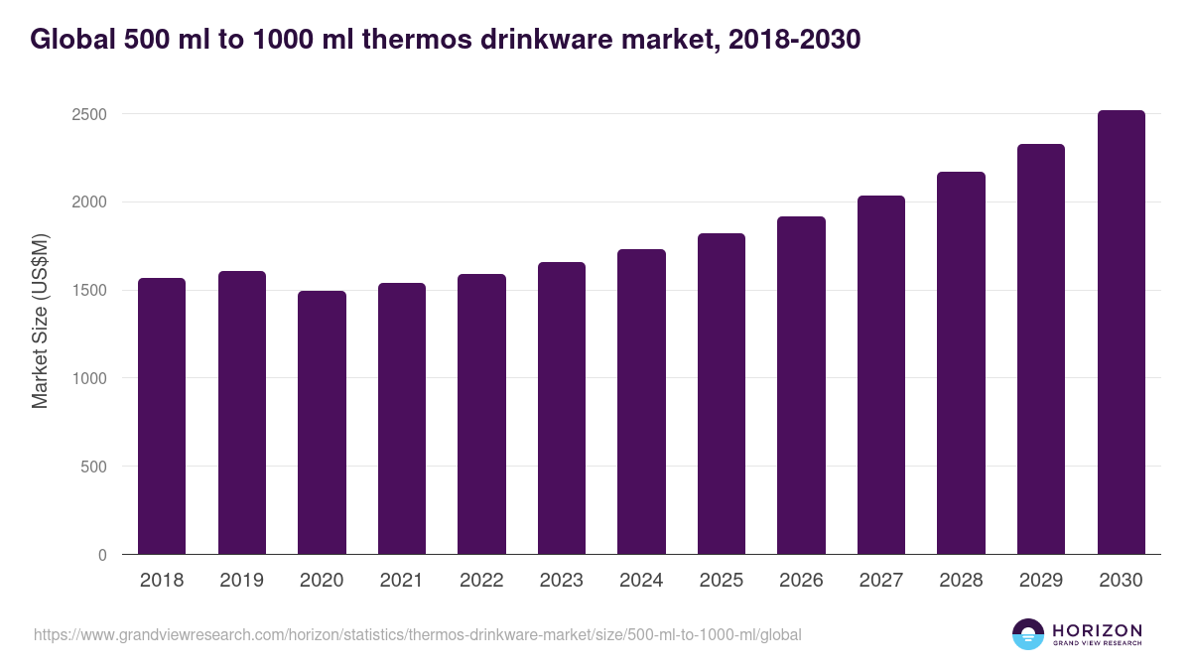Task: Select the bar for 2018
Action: click(x=162, y=416)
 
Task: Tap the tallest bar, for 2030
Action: click(x=1121, y=332)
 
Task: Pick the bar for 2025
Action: click(x=722, y=393)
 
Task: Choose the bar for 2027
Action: click(x=881, y=374)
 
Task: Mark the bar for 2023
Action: click(x=562, y=408)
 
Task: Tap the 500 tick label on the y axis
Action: click(x=94, y=467)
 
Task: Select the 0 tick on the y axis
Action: click(x=102, y=555)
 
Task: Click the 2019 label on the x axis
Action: click(x=241, y=581)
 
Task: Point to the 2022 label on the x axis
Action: click(x=481, y=581)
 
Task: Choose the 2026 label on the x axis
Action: click(x=801, y=581)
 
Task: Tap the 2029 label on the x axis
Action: click(x=1041, y=581)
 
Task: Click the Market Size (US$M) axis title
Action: click(x=40, y=321)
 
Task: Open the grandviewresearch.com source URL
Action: click(x=417, y=634)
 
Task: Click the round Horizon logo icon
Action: click(x=1028, y=634)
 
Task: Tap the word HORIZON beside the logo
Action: click(x=1097, y=629)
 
